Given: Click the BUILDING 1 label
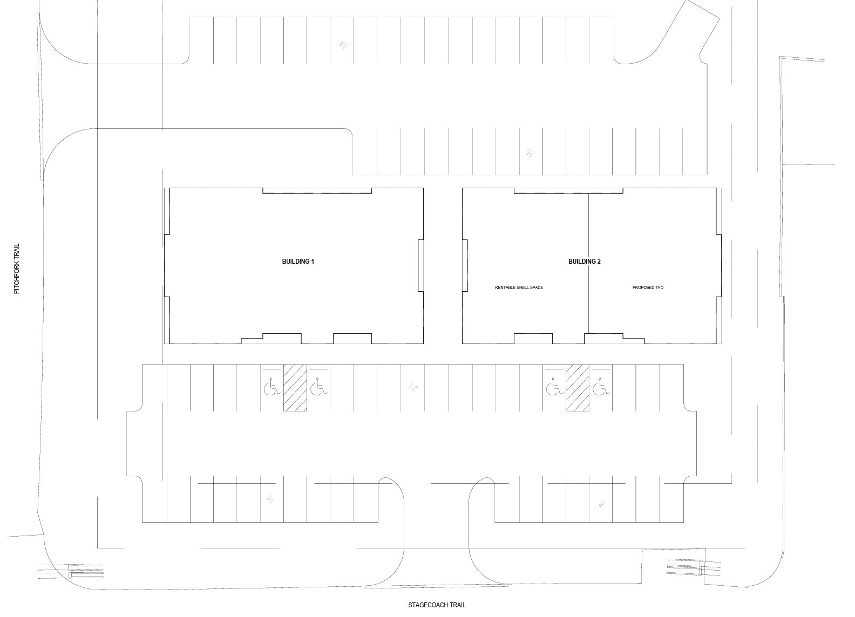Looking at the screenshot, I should [x=298, y=262].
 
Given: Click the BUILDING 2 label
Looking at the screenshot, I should [x=584, y=262].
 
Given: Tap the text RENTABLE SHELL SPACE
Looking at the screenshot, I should [x=519, y=287].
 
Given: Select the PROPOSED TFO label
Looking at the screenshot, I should [x=648, y=287].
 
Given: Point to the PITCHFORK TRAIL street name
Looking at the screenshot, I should [x=17, y=269].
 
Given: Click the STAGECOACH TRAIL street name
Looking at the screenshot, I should [x=437, y=605].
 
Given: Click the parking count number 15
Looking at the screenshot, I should [x=530, y=153].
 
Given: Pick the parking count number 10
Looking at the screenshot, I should [x=270, y=498].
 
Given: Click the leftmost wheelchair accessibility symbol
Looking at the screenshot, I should [x=271, y=387].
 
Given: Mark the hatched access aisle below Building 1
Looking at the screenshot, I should [x=295, y=388].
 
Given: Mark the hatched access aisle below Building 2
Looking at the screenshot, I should [x=577, y=388].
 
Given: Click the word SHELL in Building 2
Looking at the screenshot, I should [x=521, y=287].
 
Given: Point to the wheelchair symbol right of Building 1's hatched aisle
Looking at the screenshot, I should [x=319, y=387].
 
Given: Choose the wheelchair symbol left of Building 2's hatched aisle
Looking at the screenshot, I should [x=553, y=387].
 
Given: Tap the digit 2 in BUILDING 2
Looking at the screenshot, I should [x=599, y=262].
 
